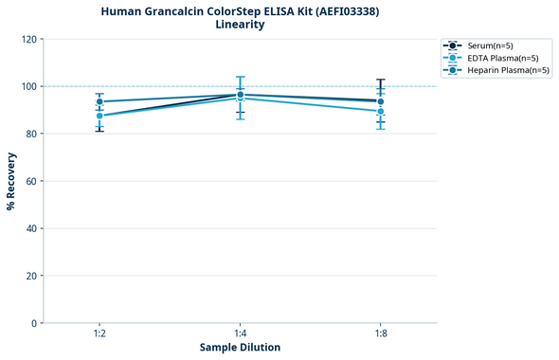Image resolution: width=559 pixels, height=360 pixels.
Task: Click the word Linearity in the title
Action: pyautogui.click(x=240, y=25)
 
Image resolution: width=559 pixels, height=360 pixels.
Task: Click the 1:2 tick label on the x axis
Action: pyautogui.click(x=99, y=333)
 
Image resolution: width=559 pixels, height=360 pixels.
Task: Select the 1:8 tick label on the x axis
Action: pyautogui.click(x=380, y=333)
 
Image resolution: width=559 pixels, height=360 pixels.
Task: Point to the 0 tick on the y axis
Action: pyautogui.click(x=34, y=323)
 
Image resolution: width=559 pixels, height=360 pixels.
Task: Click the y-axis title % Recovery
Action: pyautogui.click(x=11, y=180)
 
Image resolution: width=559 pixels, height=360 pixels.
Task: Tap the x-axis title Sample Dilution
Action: pyautogui.click(x=240, y=348)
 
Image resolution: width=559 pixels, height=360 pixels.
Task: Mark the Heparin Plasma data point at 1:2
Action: pyautogui.click(x=99, y=101)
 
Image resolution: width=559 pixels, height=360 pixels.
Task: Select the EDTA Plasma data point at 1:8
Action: pyautogui.click(x=380, y=111)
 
